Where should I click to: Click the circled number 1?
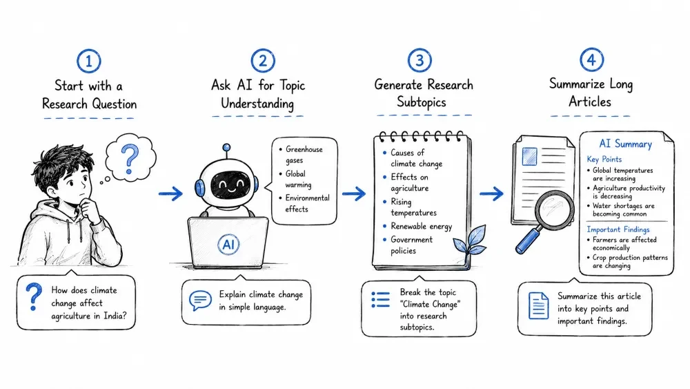click(89, 61)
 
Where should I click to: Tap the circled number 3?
click(420, 60)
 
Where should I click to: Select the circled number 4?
click(591, 59)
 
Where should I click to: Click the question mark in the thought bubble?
click(130, 160)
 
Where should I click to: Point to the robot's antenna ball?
click(226, 147)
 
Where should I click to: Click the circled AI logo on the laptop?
click(228, 244)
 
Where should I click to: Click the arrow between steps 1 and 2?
click(170, 193)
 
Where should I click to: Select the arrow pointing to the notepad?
click(354, 193)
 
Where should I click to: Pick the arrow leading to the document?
click(491, 193)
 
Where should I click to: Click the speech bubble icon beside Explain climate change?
click(200, 301)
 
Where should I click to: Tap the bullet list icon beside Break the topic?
click(381, 299)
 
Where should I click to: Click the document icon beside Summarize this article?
click(538, 305)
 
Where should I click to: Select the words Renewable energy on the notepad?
click(421, 226)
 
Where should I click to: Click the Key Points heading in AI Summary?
click(604, 159)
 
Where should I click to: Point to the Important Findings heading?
click(618, 229)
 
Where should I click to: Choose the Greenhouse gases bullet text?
click(304, 155)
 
